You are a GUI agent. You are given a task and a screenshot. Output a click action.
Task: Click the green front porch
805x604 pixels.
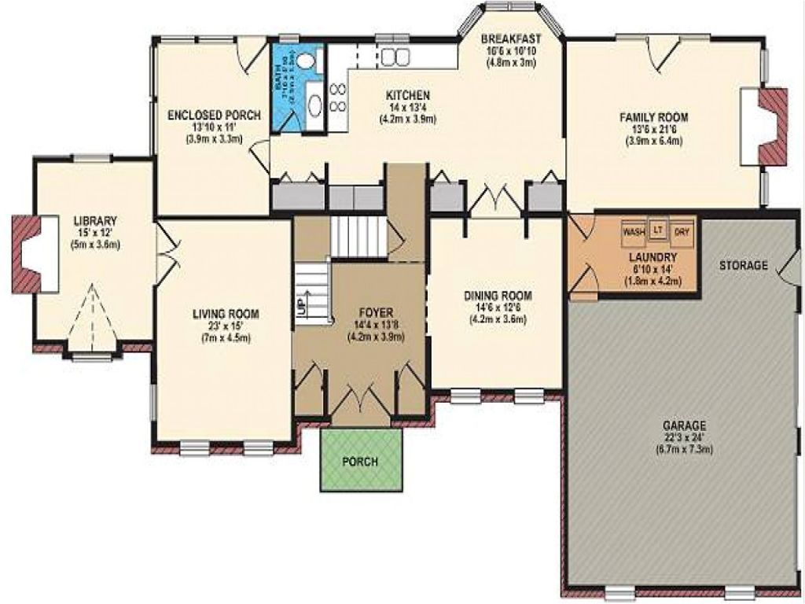coord(361,460)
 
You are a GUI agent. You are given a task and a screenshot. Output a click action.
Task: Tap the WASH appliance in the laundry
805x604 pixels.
coord(633,232)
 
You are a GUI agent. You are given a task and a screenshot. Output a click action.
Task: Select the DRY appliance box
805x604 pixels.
coord(682,232)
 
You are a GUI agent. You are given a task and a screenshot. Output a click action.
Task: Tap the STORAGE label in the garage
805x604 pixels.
coord(743,266)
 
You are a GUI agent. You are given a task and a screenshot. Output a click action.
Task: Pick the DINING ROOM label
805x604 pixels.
coord(498,296)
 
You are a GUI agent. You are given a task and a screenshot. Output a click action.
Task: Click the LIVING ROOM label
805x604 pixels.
coord(226,314)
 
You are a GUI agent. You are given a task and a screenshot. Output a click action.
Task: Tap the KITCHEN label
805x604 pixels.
coord(407,96)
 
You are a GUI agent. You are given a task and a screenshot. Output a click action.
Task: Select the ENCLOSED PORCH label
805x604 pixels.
coord(214,115)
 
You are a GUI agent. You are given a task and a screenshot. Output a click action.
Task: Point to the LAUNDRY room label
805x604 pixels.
coord(652,257)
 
